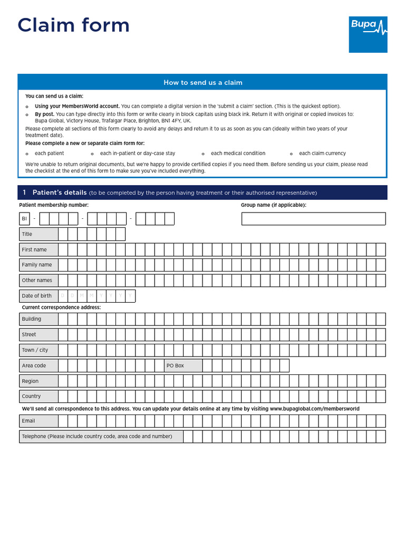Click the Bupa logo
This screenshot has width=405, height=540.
[368, 34]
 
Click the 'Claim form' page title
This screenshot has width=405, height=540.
[73, 25]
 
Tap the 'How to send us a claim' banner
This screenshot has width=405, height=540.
[202, 82]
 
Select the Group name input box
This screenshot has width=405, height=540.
[313, 219]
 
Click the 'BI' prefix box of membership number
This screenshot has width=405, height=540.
[24, 219]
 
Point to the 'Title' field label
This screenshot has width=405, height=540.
[27, 234]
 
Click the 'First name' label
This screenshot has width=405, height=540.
[34, 249]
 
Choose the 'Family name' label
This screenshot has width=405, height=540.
[37, 265]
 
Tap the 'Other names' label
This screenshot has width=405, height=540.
[37, 281]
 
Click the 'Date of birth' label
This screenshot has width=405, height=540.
[37, 296]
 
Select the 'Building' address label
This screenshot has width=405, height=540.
[32, 319]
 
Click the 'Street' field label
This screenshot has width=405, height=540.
[29, 334]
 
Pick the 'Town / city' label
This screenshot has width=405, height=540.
[35, 350]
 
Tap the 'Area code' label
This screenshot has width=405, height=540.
[34, 365]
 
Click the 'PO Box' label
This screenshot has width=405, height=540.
[175, 365]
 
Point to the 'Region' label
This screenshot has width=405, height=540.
[30, 381]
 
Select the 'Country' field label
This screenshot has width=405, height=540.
[31, 396]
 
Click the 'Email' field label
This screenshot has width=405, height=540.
[28, 421]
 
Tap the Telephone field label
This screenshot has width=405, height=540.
[97, 436]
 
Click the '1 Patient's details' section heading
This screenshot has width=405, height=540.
[55, 192]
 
